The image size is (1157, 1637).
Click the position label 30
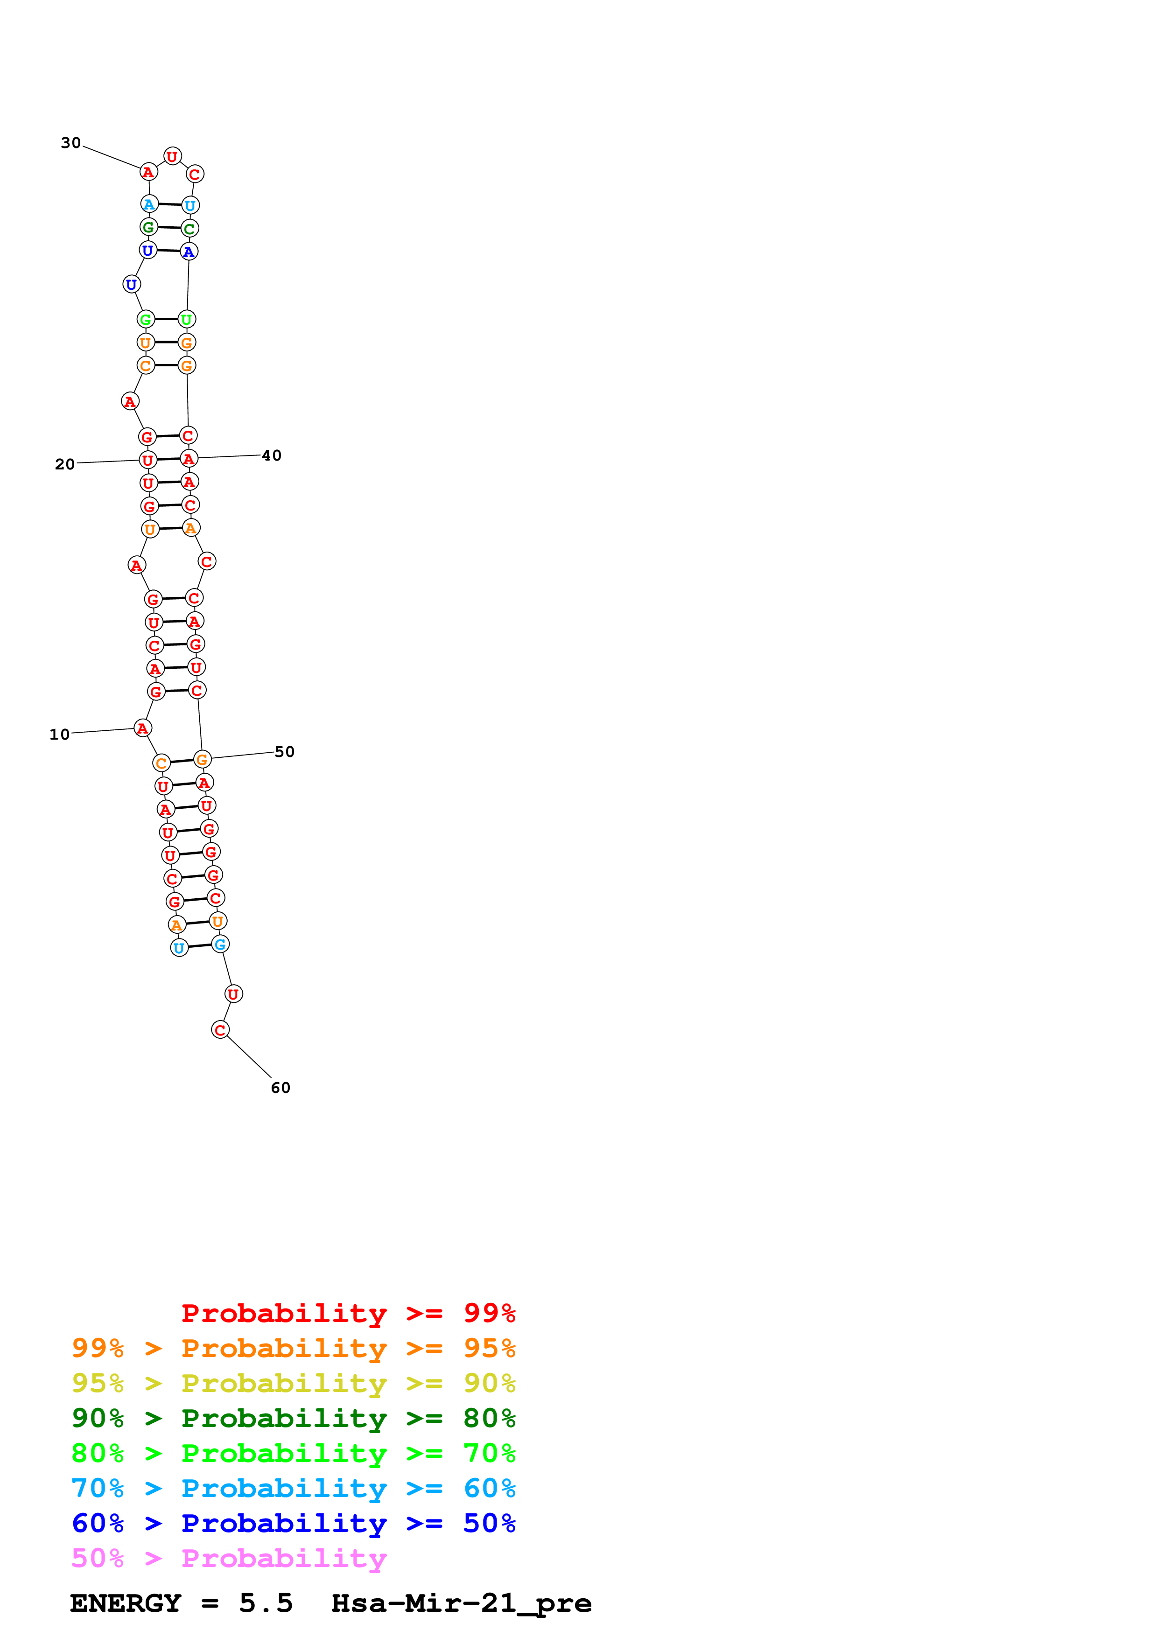(x=70, y=143)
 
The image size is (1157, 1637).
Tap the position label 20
(x=65, y=464)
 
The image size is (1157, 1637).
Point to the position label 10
(x=60, y=735)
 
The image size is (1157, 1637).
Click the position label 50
(x=284, y=751)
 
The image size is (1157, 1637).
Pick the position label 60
(x=280, y=1087)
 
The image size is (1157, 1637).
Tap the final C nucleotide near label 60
(x=220, y=1029)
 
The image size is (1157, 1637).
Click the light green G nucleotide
(x=146, y=319)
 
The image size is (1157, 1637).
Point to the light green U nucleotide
(x=187, y=319)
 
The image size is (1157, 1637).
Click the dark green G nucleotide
(x=148, y=227)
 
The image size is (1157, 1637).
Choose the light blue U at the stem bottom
(x=179, y=948)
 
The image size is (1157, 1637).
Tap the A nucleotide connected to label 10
(x=142, y=728)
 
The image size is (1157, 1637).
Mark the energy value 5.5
(x=266, y=1603)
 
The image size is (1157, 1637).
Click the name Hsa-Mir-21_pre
(x=461, y=1603)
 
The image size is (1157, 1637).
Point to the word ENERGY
(x=125, y=1603)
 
